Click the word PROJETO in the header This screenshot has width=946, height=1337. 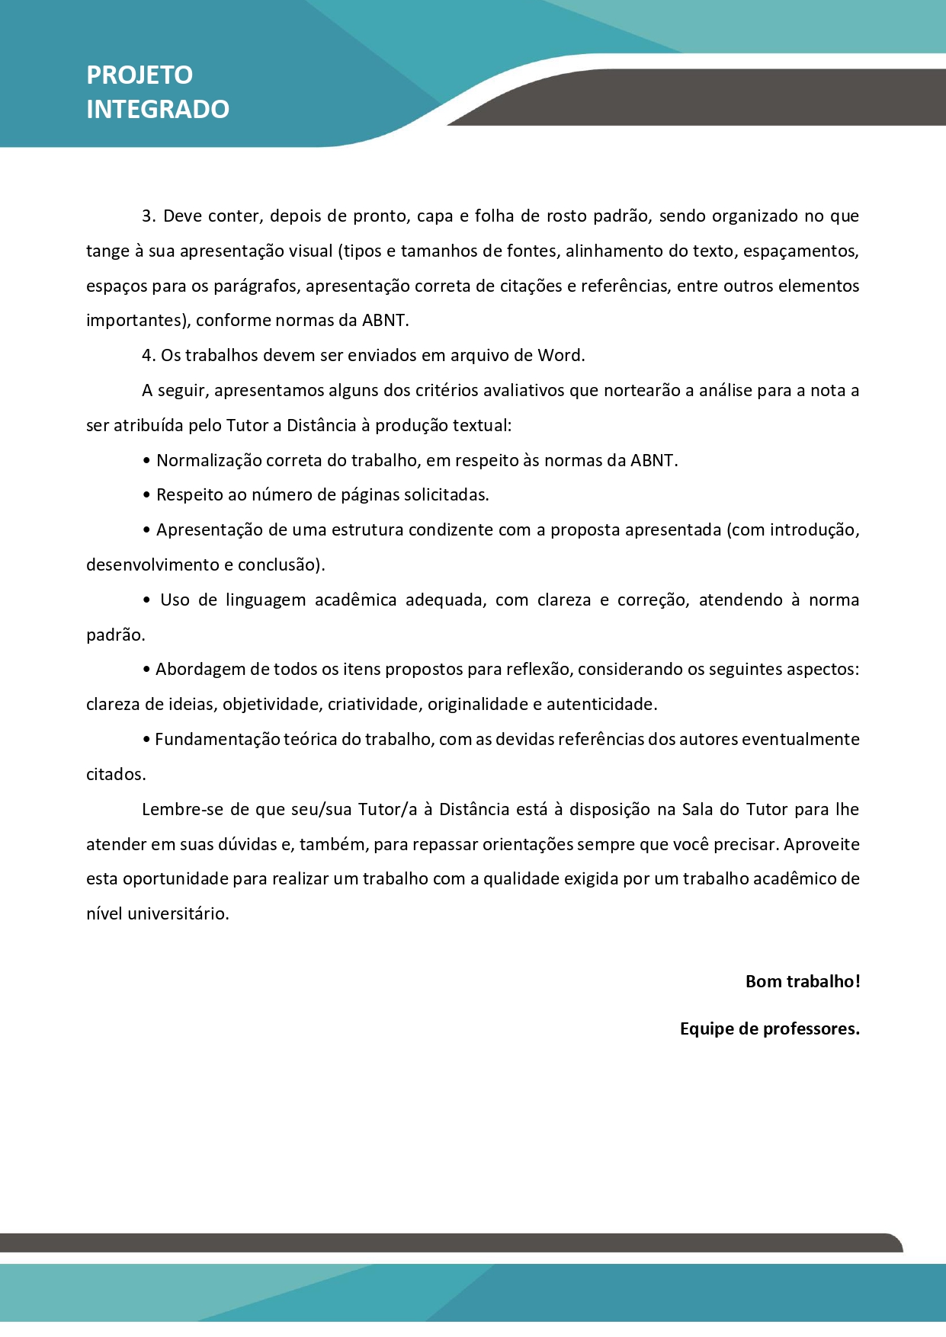point(139,75)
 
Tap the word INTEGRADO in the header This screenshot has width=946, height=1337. point(158,109)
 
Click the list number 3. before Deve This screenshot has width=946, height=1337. point(149,216)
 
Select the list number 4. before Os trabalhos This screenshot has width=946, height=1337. point(149,355)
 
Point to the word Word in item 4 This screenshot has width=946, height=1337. point(560,355)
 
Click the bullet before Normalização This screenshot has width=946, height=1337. point(146,461)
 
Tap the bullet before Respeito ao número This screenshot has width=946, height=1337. point(146,495)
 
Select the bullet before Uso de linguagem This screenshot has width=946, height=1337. point(147,600)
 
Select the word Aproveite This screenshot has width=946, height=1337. point(822,844)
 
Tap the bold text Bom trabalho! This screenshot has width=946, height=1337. point(803,981)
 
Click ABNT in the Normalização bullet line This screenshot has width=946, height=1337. point(653,460)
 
